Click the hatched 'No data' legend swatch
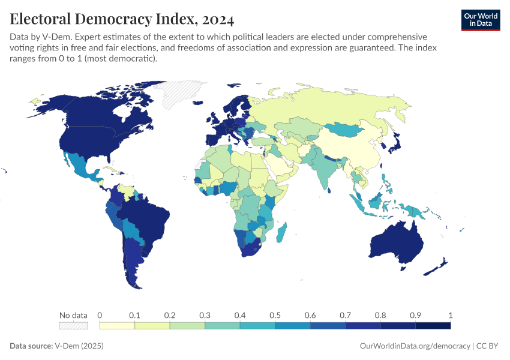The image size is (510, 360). (73, 326)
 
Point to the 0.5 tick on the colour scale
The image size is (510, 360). (275, 316)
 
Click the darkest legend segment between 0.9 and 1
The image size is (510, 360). (433, 326)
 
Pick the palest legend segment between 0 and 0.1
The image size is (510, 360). (117, 326)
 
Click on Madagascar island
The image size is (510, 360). (281, 233)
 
